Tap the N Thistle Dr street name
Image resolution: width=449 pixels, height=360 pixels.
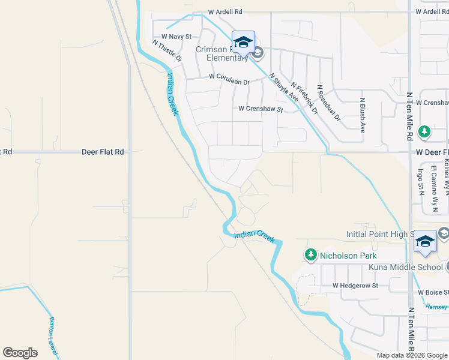[x=167, y=52]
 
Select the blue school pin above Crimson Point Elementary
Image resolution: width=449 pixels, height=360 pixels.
[x=243, y=43]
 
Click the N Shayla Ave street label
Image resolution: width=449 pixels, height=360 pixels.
[x=284, y=88]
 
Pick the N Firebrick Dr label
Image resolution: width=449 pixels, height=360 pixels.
[x=304, y=99]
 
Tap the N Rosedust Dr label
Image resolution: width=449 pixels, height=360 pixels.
[x=328, y=103]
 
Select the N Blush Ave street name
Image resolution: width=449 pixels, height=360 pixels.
[x=363, y=115]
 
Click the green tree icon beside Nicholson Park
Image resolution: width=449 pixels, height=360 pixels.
[x=310, y=256]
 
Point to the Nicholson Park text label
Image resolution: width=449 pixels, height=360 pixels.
[x=348, y=256]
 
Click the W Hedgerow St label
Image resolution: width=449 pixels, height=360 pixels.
[x=355, y=286]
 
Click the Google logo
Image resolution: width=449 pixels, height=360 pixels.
[x=20, y=353]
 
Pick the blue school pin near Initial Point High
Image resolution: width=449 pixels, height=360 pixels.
[x=426, y=241]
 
